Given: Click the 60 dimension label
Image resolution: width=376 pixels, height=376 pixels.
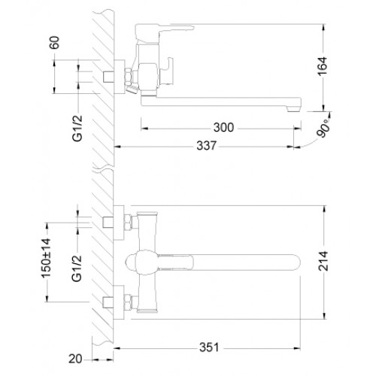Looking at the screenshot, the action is tap(55, 43).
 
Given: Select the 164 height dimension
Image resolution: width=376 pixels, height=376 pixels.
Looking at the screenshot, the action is tap(323, 66).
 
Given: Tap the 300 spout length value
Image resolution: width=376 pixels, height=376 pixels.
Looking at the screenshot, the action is tap(223, 127).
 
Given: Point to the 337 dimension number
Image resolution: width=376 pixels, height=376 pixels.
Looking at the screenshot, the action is tap(206, 146).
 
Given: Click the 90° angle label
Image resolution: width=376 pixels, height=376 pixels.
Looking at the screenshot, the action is tap(324, 128).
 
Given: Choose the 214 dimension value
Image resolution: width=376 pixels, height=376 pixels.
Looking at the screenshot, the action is tap(323, 261).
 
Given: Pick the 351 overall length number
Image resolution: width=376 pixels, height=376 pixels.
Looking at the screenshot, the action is tap(209, 347).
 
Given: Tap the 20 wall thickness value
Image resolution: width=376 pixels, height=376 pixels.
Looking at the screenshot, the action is tap(75, 359).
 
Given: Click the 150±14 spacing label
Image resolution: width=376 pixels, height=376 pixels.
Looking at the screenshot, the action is tap(46, 259).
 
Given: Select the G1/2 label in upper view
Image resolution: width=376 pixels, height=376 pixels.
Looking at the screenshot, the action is tap(77, 128).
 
